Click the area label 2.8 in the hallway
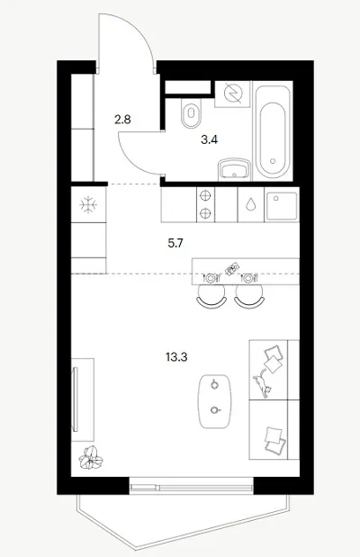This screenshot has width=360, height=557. (x=122, y=120)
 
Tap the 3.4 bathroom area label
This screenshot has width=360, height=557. (x=210, y=140)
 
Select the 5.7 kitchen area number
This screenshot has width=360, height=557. (x=175, y=243)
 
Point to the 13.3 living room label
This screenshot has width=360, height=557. (x=176, y=356)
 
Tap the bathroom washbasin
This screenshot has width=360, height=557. (x=235, y=169)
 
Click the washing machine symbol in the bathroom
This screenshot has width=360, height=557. (x=233, y=94)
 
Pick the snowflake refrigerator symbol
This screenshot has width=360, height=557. (x=88, y=205)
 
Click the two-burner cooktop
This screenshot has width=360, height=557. (x=205, y=204)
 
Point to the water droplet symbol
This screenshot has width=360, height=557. (x=251, y=204)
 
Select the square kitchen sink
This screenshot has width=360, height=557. (x=282, y=206)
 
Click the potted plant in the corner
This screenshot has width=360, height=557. (x=91, y=458)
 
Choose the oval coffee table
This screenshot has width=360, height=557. (x=214, y=401)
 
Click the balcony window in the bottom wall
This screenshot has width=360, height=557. (x=191, y=486)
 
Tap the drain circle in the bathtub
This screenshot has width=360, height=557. (x=273, y=161)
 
